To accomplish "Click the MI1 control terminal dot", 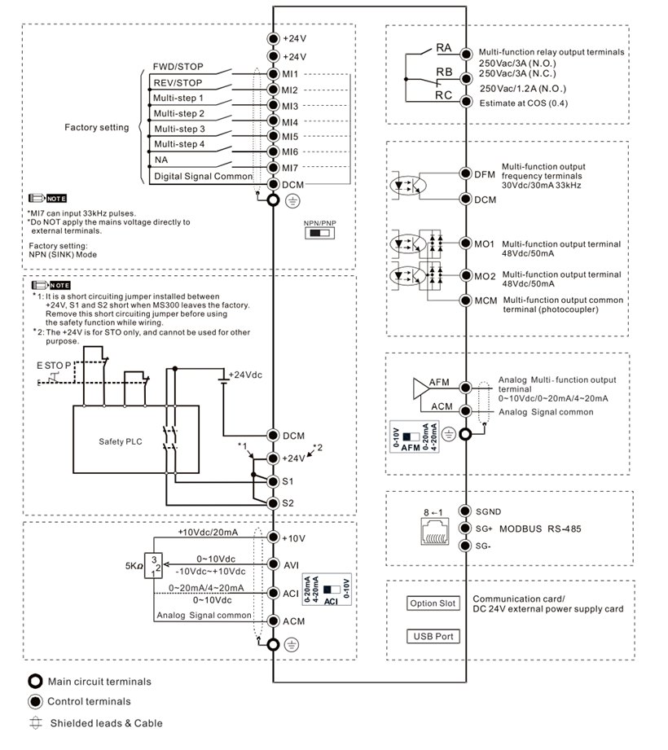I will pos(273,74).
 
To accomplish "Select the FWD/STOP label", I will pos(178,67).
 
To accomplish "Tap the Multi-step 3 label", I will pos(179,129).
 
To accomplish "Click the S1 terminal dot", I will pos(273,481).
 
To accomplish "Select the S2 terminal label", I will pos(288,502).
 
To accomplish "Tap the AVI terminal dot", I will pos(273,565).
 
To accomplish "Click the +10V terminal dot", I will pos(273,538).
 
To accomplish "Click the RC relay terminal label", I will pos(443,95).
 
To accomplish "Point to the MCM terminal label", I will pos(486,300).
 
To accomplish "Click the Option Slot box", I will pos(433,604).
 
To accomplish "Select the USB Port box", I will pos(433,636).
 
